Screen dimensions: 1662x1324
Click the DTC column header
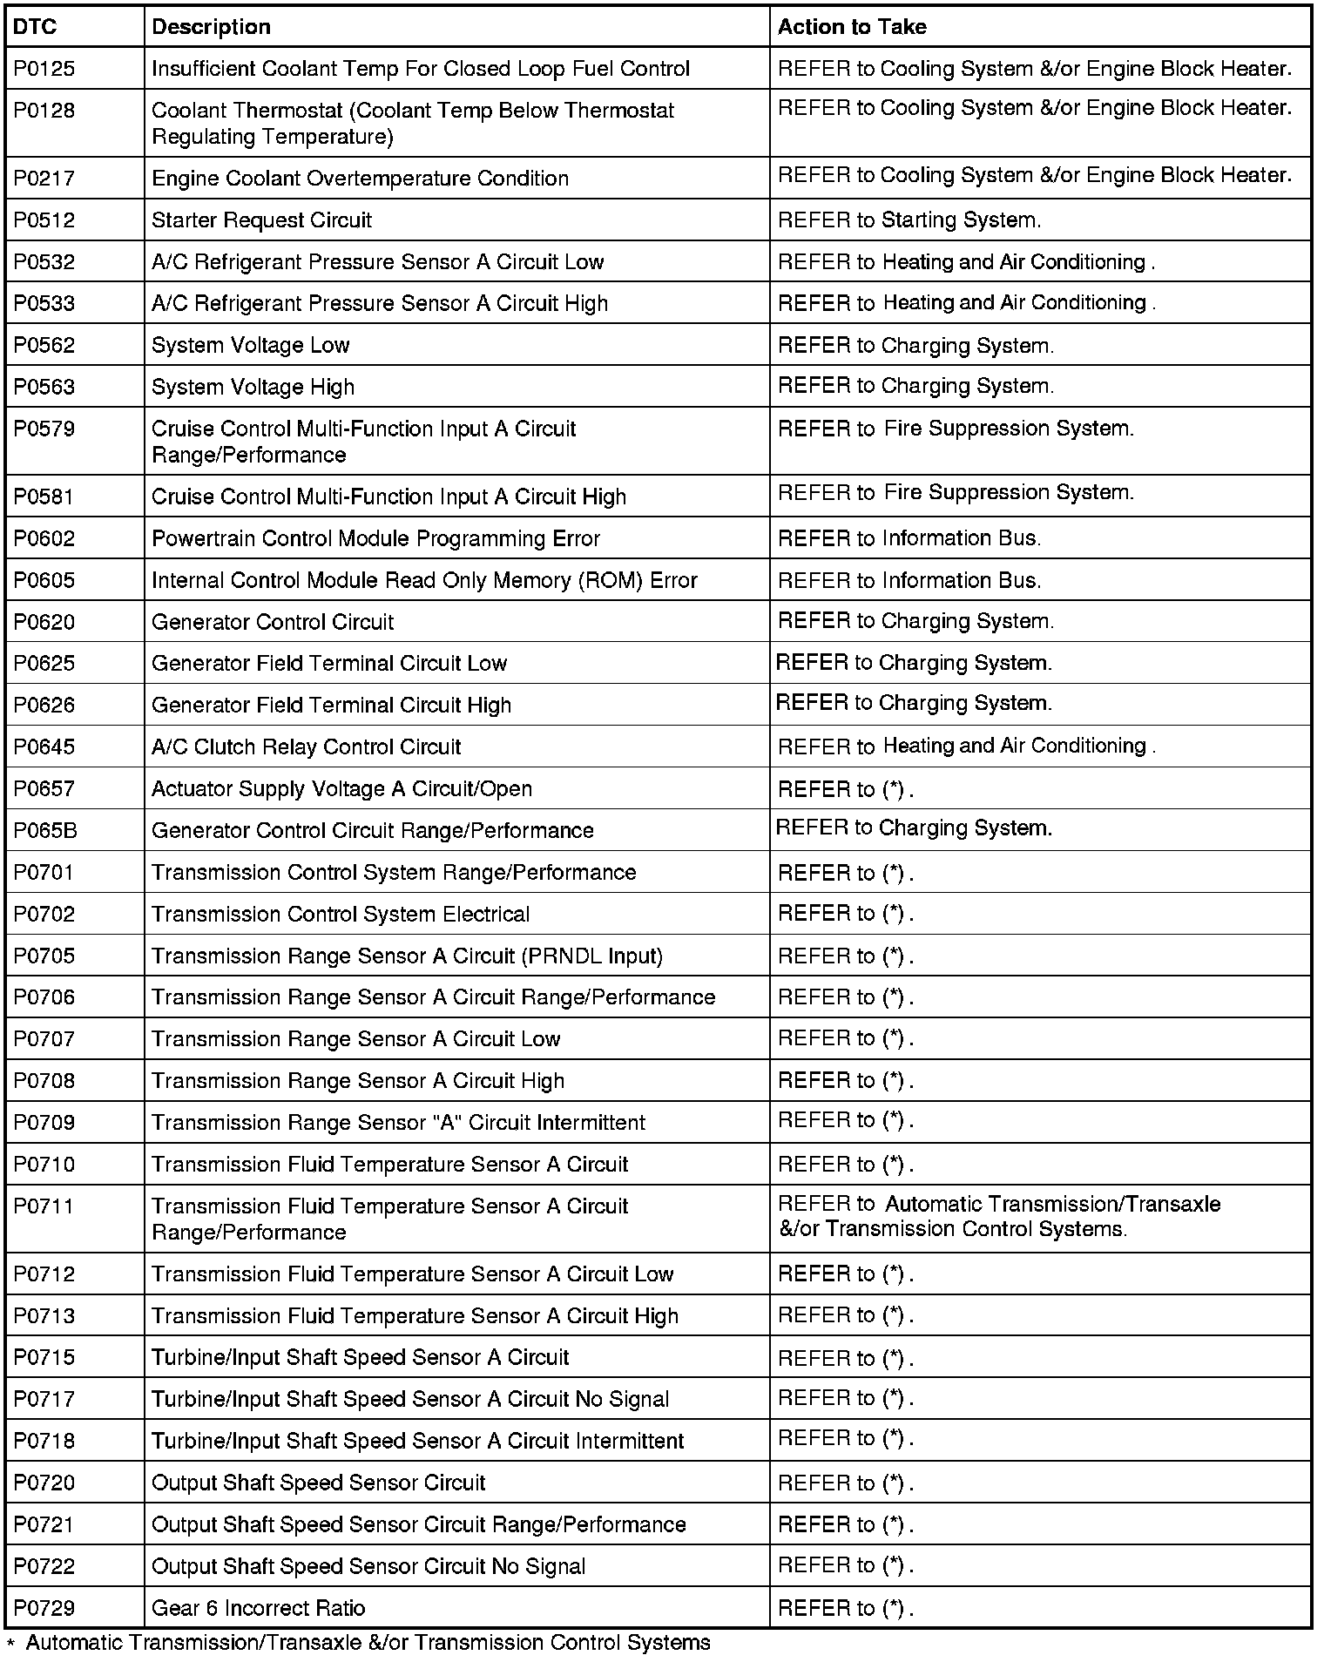tap(35, 27)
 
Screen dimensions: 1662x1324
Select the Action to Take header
tap(851, 27)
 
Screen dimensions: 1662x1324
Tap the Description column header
tap(211, 27)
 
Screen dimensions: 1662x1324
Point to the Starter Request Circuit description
tap(261, 220)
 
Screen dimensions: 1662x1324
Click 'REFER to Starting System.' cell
tap(909, 220)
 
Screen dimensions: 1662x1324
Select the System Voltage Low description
tap(250, 346)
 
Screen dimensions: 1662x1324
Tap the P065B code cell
tap(45, 831)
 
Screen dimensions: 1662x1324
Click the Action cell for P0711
tap(998, 1217)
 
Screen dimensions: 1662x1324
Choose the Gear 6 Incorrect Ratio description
tap(258, 1608)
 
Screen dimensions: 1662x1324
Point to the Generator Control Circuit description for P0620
tap(272, 622)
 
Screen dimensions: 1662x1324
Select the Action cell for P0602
tap(909, 538)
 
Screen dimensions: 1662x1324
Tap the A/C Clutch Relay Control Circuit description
tap(306, 747)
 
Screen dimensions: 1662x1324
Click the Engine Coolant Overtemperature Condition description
tap(360, 179)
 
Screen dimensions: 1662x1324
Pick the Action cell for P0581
tap(955, 493)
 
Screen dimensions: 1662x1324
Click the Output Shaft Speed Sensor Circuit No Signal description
tap(368, 1566)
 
